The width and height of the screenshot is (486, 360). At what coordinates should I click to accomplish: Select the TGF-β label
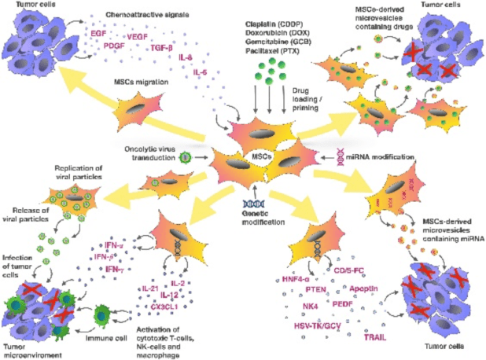[167, 48]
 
